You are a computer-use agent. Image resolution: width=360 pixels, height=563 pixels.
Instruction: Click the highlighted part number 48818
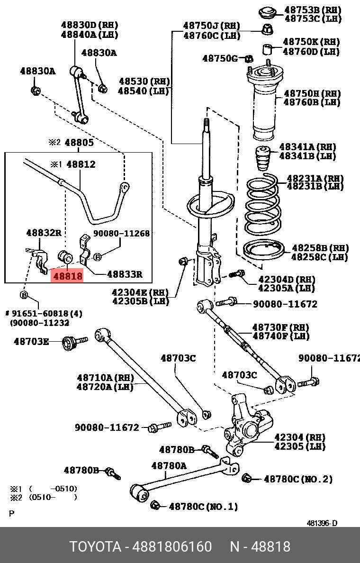[x=67, y=276]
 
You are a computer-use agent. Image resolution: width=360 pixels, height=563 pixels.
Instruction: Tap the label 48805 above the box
[x=79, y=143]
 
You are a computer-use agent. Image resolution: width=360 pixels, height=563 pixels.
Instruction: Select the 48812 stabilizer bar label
[x=81, y=164]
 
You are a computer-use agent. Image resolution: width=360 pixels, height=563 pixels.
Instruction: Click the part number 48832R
[x=44, y=233]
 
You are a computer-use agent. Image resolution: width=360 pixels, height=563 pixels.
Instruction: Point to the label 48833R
[x=125, y=274]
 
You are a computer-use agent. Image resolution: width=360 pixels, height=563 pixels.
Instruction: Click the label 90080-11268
[x=121, y=233]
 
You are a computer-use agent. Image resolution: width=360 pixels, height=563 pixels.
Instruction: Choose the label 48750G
[x=220, y=58]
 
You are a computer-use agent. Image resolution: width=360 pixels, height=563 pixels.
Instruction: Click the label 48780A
[x=169, y=466]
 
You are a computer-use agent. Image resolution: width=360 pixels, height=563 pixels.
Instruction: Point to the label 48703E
[x=31, y=341]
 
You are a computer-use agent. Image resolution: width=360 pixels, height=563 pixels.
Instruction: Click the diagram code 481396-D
[x=322, y=524]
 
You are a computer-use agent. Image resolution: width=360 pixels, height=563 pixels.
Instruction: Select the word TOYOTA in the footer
[x=95, y=546]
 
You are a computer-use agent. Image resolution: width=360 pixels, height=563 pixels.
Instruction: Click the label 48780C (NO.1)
[x=203, y=507]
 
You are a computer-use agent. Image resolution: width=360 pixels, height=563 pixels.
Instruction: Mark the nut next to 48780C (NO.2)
[x=247, y=478]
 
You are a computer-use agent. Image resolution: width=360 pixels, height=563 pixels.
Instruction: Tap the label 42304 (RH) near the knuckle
[x=300, y=437]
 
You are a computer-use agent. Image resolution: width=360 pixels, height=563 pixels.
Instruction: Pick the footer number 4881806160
[x=172, y=546]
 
